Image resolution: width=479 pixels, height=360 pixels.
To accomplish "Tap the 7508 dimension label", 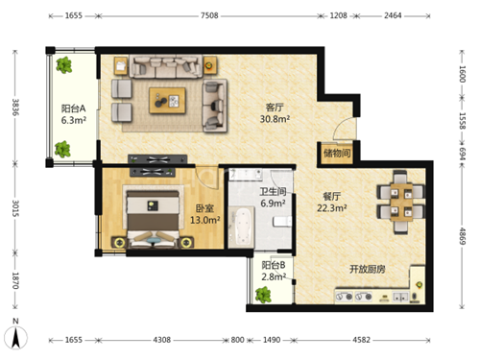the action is [x=209, y=15].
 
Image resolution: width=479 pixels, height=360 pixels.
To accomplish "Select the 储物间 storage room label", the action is [x=337, y=153].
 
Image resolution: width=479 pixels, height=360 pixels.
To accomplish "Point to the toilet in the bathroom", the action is [x=282, y=222].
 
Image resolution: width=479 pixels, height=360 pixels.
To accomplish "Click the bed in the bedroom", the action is [x=153, y=218].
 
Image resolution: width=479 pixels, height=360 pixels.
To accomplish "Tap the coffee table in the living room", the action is [x=167, y=101].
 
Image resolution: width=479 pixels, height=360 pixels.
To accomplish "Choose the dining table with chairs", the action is [x=401, y=202].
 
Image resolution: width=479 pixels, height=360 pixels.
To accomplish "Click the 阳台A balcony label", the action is [x=73, y=108].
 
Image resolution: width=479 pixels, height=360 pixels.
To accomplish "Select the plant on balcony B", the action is [x=263, y=295].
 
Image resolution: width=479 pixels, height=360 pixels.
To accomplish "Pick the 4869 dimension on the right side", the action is [x=462, y=236].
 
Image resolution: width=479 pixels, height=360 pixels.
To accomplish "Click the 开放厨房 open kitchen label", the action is [x=367, y=269].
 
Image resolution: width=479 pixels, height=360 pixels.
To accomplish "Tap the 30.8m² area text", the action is [x=275, y=119].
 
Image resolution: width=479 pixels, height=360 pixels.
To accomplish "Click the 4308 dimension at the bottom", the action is [x=161, y=340].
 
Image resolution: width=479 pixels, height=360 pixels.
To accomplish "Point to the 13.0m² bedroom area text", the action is [x=204, y=220].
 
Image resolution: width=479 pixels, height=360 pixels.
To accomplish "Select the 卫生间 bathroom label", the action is [x=273, y=192].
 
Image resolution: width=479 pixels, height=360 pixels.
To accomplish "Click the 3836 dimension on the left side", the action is [x=15, y=108].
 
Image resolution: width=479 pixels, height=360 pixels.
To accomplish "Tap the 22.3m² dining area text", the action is [x=332, y=208].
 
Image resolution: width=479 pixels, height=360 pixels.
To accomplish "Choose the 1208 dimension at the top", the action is [x=339, y=15].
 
